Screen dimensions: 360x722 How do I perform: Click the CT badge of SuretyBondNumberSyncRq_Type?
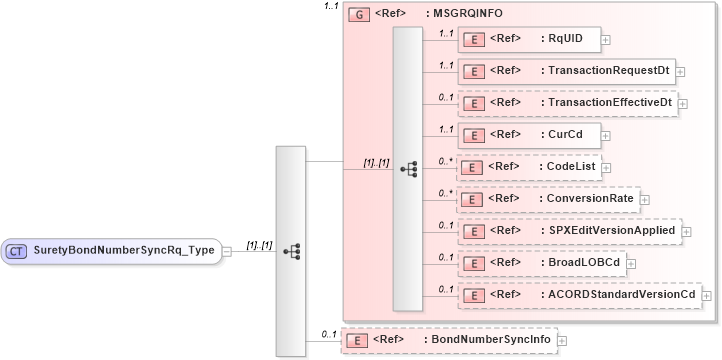tap(17, 250)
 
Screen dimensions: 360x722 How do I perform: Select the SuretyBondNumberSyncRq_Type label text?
tap(124, 250)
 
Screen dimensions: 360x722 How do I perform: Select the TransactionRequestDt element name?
tap(606, 71)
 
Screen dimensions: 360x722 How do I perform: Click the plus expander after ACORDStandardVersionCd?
tap(706, 296)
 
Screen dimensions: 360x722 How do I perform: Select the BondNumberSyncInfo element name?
tap(490, 340)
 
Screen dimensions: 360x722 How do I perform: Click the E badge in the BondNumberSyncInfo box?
tap(355, 341)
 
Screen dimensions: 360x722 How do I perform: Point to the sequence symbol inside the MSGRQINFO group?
tap(408, 169)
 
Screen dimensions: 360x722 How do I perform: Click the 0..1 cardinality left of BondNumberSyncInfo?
tap(327, 334)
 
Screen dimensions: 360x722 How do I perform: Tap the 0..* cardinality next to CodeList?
tap(445, 160)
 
